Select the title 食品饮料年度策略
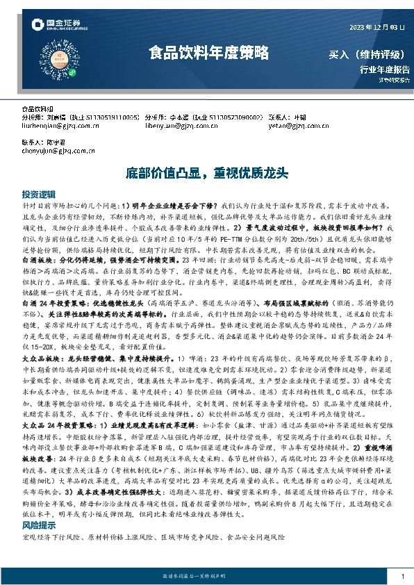[208, 53]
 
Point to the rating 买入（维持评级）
[366, 54]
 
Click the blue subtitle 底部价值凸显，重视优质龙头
[207, 172]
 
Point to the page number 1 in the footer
[402, 577]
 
